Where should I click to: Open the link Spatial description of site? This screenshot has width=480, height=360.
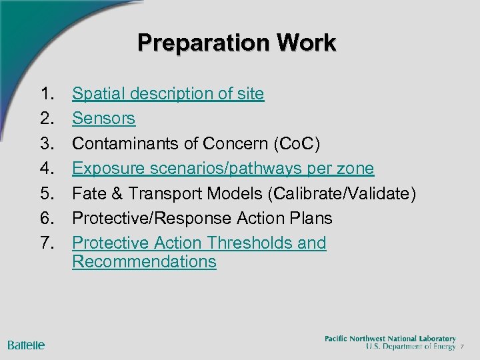(x=168, y=94)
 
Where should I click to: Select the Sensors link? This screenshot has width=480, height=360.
(x=103, y=119)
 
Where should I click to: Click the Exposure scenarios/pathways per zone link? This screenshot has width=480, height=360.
(x=223, y=169)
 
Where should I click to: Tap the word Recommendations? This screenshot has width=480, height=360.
(x=144, y=261)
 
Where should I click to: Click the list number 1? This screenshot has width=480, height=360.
(x=47, y=94)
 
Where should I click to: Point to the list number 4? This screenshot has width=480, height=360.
(x=47, y=169)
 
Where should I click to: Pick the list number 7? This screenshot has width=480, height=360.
(x=47, y=243)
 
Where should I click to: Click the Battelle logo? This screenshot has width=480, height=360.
(x=26, y=345)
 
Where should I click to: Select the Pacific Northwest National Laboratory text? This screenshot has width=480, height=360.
(x=390, y=339)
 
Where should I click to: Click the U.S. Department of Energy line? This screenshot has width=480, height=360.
(x=410, y=347)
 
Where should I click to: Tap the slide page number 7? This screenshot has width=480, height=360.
(x=462, y=347)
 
